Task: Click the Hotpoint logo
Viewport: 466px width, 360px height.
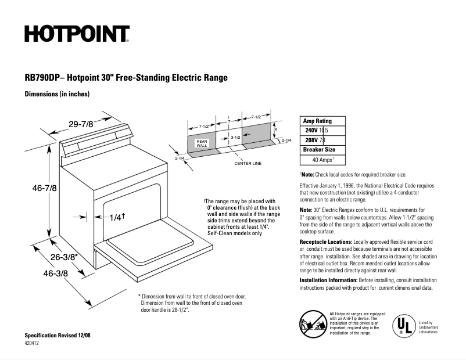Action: pos(76,34)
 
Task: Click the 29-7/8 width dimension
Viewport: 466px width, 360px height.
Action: pos(81,124)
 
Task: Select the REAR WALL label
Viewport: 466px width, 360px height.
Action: pos(202,143)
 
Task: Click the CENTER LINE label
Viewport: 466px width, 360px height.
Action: pos(248,163)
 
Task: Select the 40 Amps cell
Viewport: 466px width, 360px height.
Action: pos(323,159)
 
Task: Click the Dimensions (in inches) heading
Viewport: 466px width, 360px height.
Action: pos(56,94)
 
